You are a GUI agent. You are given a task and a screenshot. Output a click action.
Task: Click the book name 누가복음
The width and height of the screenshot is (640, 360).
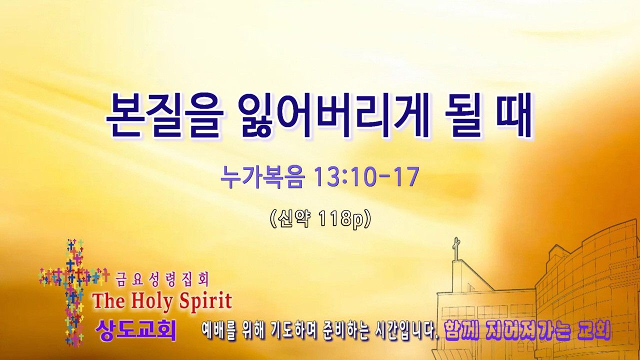click(x=261, y=177)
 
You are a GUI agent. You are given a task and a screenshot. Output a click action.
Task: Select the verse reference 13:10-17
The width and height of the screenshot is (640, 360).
click(x=366, y=177)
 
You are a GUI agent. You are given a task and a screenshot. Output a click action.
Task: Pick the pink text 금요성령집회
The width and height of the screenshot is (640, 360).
click(x=162, y=279)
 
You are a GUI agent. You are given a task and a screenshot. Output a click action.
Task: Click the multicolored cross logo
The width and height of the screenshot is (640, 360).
click(x=73, y=291)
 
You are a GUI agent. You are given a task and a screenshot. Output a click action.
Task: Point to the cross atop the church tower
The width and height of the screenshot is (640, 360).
click(x=456, y=247)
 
